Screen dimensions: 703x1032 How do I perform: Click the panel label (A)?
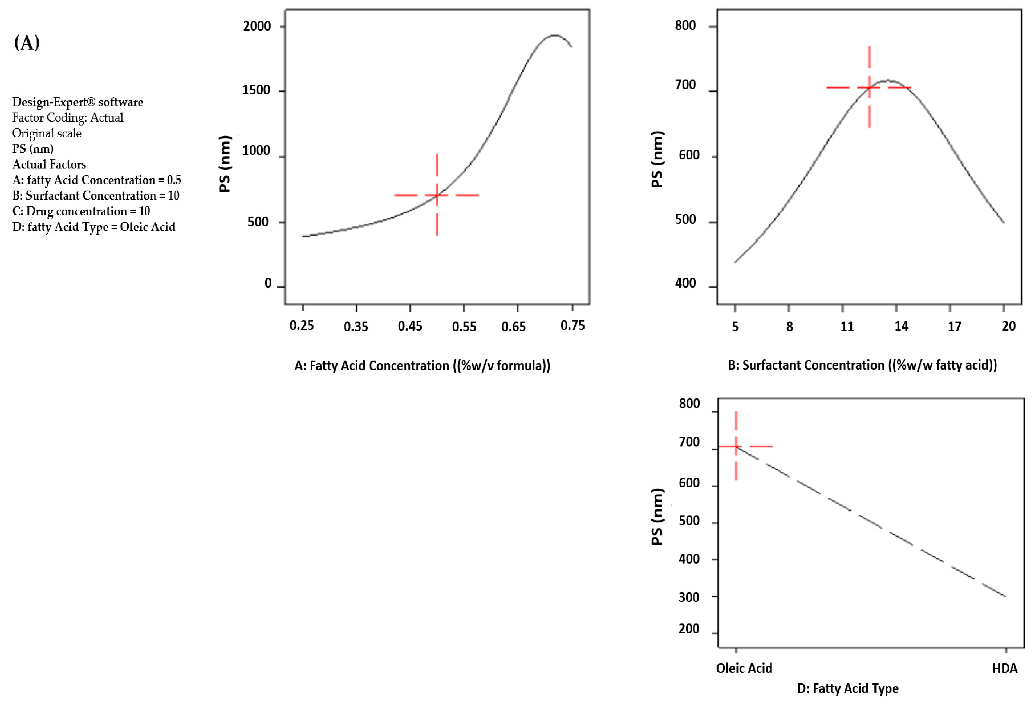(27, 43)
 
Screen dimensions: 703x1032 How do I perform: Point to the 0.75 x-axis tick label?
(572, 326)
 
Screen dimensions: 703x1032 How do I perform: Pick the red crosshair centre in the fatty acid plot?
(437, 195)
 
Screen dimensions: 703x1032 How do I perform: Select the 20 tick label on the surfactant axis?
(1008, 327)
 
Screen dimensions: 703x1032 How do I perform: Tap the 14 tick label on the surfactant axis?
(901, 327)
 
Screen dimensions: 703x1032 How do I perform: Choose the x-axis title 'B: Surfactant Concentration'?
(862, 365)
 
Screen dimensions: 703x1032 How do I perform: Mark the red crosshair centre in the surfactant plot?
(869, 88)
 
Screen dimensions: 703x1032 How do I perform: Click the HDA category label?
(1005, 668)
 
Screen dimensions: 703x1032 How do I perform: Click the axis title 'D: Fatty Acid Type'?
(848, 688)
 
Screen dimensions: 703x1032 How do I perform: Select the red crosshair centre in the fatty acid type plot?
(736, 446)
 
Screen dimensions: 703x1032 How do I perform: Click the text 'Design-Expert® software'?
(78, 102)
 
